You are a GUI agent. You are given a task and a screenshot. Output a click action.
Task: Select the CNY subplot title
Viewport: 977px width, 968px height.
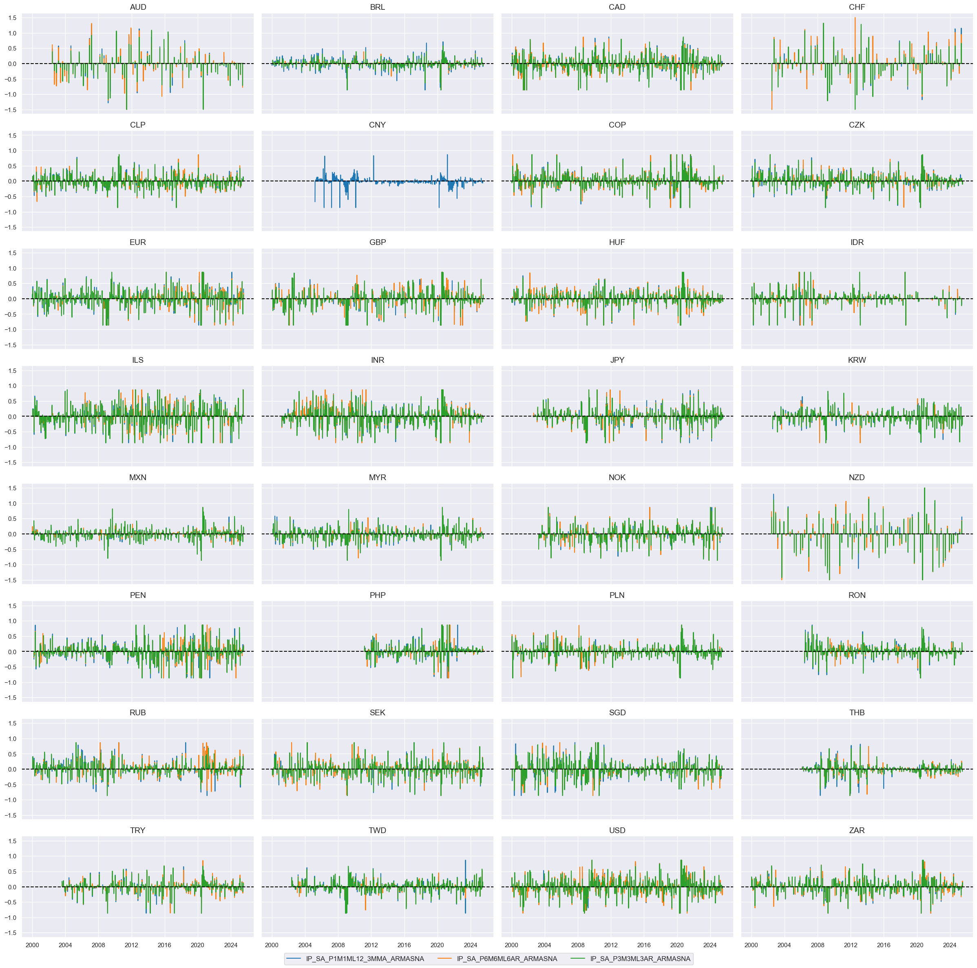coord(377,125)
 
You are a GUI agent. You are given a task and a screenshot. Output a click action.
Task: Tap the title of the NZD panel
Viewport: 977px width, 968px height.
coord(857,477)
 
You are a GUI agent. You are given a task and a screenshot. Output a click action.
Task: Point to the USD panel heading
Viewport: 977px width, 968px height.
coord(617,830)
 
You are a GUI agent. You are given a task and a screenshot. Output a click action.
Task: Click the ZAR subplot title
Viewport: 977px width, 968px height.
coord(857,830)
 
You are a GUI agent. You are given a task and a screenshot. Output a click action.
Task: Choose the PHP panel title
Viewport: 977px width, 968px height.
coord(377,595)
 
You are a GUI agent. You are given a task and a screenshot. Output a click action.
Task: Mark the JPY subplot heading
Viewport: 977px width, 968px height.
coord(617,360)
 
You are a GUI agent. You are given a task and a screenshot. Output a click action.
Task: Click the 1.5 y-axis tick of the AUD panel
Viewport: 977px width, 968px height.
coord(13,18)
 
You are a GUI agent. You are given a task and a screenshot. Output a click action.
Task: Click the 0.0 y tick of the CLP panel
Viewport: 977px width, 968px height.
coord(13,181)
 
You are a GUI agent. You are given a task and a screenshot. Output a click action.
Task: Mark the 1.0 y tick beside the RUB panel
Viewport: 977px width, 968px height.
coord(13,739)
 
